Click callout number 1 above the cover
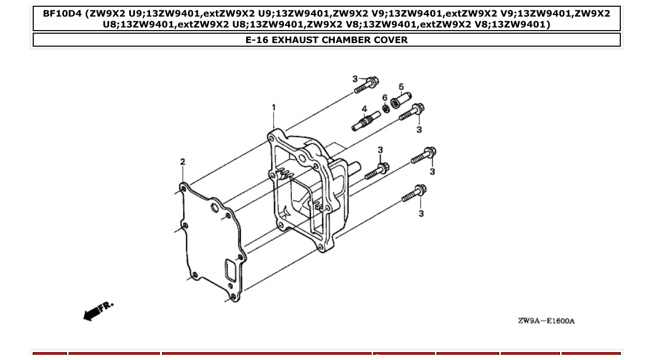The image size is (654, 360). pos(274,107)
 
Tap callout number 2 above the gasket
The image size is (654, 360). pos(183,162)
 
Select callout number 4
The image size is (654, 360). pos(364,109)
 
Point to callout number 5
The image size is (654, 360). pos(401,87)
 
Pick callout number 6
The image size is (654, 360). pos(385,98)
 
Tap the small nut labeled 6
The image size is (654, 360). pos(386,108)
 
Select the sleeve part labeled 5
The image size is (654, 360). pos(401,100)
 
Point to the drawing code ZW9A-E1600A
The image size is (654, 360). pos(546,321)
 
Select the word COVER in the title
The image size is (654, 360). pos(389,40)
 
